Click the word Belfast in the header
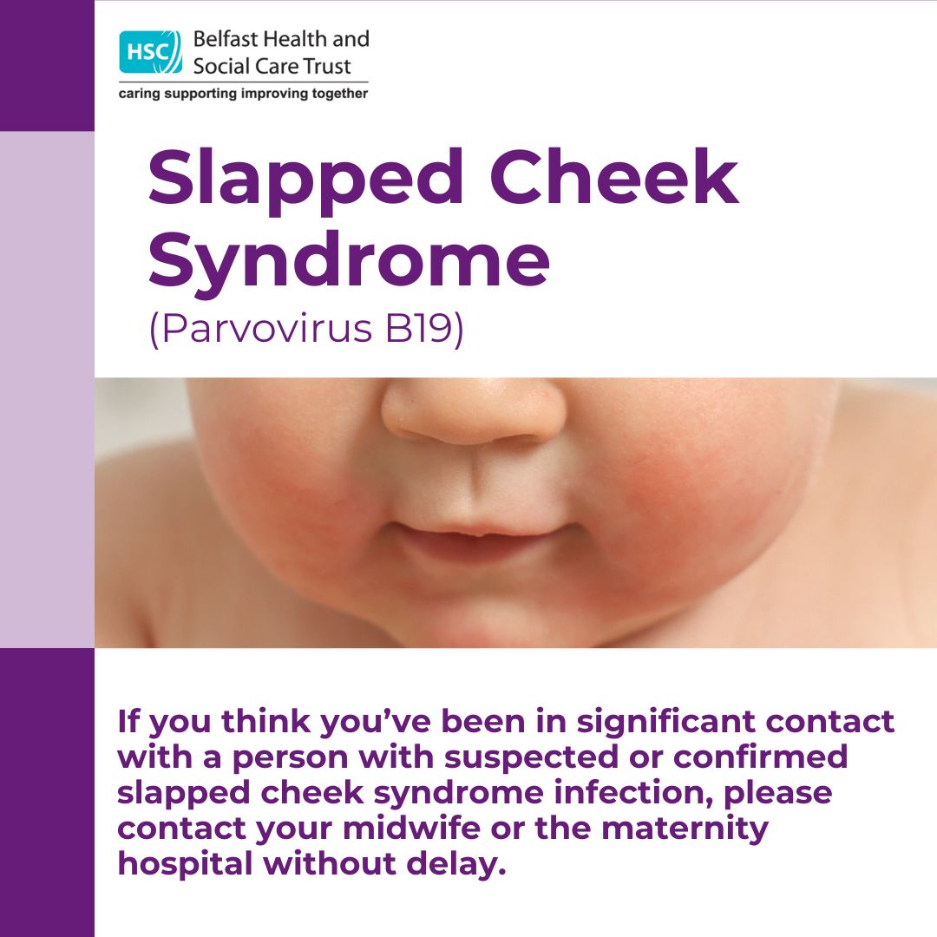(226, 39)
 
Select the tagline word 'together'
(340, 93)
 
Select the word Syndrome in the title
(349, 262)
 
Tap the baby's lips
(483, 541)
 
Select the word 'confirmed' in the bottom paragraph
(761, 757)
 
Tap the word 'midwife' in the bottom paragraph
(411, 828)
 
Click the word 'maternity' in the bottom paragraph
(685, 829)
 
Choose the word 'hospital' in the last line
(185, 865)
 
